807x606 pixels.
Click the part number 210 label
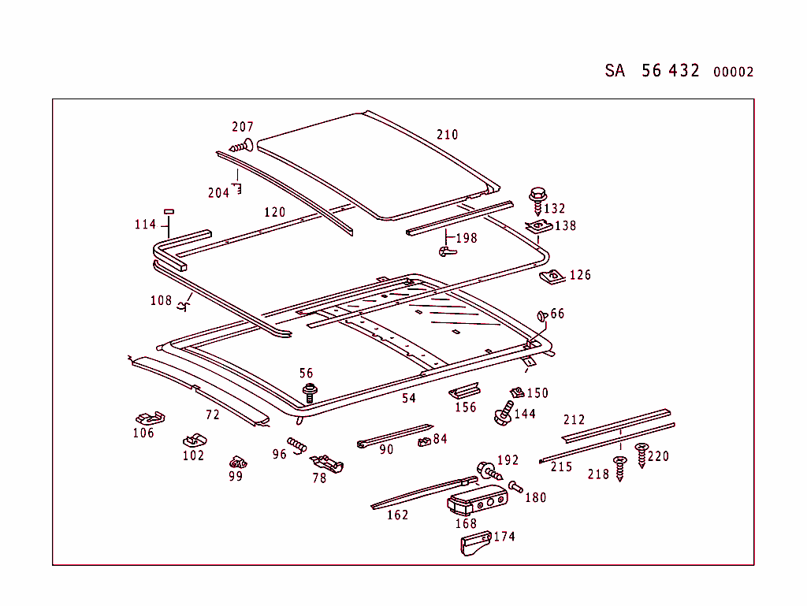tap(447, 135)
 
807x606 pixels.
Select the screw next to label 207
tap(240, 146)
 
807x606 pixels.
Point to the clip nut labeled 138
tap(538, 227)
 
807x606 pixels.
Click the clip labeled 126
tap(552, 276)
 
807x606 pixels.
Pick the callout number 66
tap(557, 314)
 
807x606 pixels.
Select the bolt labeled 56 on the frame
tap(309, 392)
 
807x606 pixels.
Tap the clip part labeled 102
tap(193, 438)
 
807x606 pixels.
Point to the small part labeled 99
tap(236, 461)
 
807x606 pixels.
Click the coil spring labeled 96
tap(296, 445)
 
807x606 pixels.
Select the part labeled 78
tap(327, 463)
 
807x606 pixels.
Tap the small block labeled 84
tap(424, 441)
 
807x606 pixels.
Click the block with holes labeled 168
tap(476, 500)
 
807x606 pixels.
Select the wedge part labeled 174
tap(474, 544)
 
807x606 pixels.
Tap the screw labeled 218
tap(619, 468)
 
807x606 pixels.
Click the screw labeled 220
tap(641, 455)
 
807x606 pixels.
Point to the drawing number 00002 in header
tap(733, 72)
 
